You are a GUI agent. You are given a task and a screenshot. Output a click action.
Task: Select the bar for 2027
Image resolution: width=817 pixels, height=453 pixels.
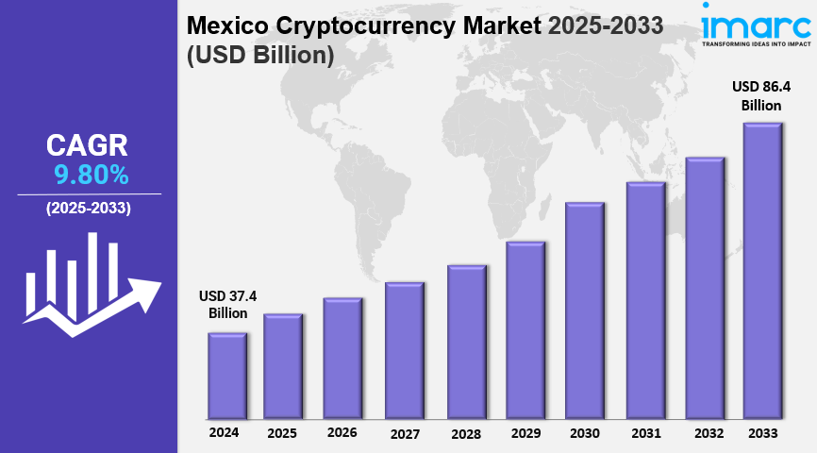[404, 350]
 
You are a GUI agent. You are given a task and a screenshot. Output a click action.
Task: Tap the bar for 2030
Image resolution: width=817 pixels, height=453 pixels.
[584, 310]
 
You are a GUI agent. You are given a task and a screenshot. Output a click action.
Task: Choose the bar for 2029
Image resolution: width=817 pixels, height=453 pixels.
[525, 330]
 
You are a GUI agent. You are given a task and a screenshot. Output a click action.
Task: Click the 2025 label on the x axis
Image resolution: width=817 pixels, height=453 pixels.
[282, 433]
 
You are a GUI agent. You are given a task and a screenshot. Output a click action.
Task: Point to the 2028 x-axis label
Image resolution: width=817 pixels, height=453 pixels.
[465, 434]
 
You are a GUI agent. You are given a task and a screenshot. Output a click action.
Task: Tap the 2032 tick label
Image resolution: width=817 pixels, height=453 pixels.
[708, 433]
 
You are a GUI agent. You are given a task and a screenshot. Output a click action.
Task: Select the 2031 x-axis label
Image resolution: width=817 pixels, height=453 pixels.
[646, 433]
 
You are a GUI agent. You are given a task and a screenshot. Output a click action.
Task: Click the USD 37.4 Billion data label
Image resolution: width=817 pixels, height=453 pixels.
[227, 305]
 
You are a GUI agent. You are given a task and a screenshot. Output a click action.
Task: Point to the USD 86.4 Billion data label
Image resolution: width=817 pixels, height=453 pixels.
[761, 95]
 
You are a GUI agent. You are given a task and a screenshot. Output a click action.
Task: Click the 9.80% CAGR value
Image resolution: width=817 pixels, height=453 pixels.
[91, 175]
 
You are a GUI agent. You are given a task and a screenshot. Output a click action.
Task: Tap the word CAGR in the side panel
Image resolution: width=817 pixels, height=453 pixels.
[87, 145]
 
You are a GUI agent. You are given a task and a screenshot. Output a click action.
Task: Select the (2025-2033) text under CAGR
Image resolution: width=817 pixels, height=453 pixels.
[89, 208]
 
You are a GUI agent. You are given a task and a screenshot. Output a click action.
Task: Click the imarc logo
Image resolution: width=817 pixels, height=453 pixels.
[755, 25]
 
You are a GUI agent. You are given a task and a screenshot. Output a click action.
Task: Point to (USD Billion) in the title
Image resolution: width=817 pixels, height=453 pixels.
[260, 56]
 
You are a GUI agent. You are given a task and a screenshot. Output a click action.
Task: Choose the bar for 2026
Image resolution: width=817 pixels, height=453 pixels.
[342, 359]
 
